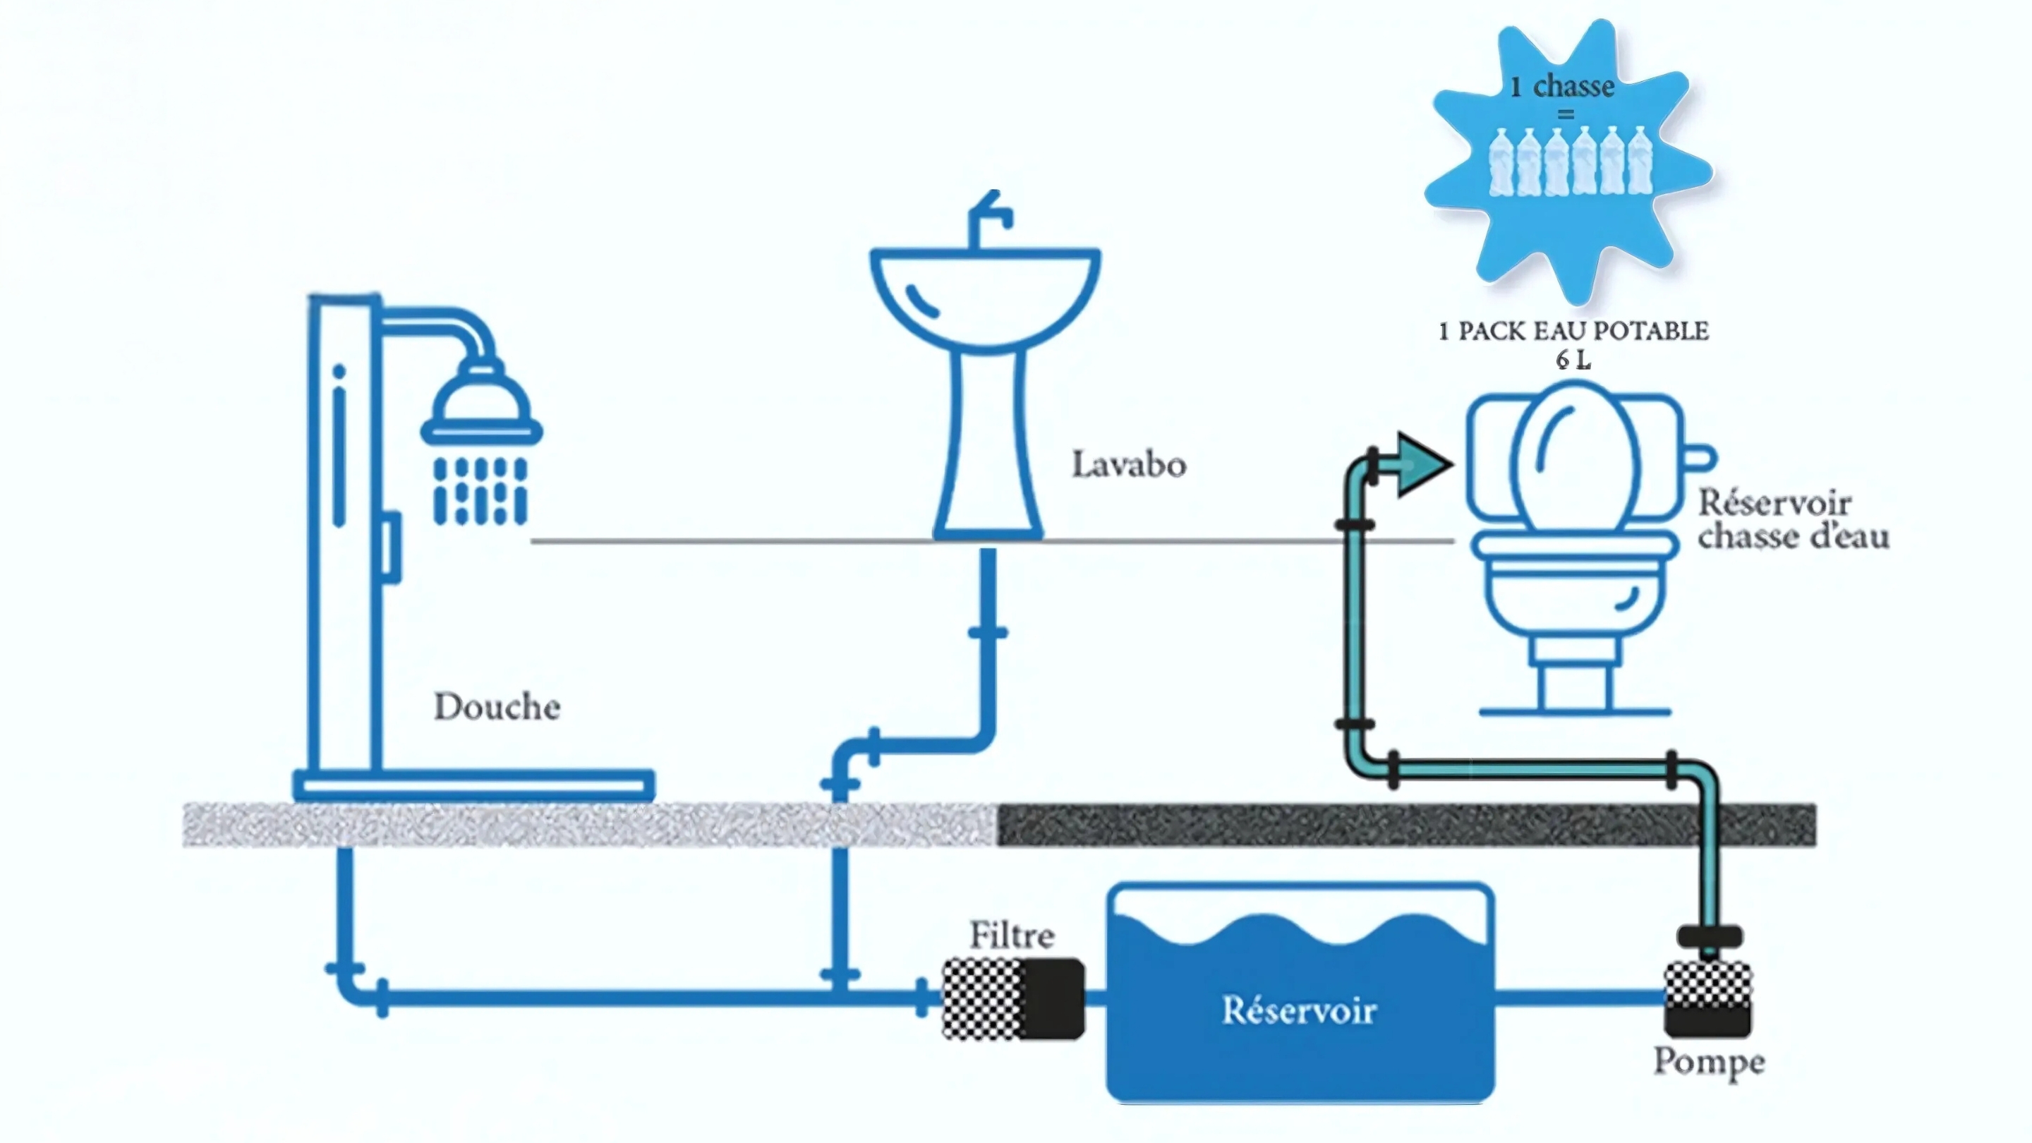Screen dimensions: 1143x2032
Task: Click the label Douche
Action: click(x=497, y=707)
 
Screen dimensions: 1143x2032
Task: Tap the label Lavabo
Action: click(x=1129, y=465)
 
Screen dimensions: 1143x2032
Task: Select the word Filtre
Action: click(x=1012, y=936)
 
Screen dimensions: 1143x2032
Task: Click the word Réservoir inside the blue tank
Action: click(x=1299, y=1010)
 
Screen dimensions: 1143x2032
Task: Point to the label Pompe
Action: click(x=1709, y=1063)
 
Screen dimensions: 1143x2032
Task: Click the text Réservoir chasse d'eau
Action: click(x=1793, y=520)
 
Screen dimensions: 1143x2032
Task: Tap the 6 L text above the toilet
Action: click(x=1573, y=360)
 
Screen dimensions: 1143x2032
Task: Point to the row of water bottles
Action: click(x=1570, y=162)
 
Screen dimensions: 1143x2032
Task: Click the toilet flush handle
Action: click(x=1700, y=457)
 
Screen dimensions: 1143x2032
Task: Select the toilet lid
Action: click(x=1575, y=457)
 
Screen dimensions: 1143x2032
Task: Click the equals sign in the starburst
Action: click(x=1566, y=115)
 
